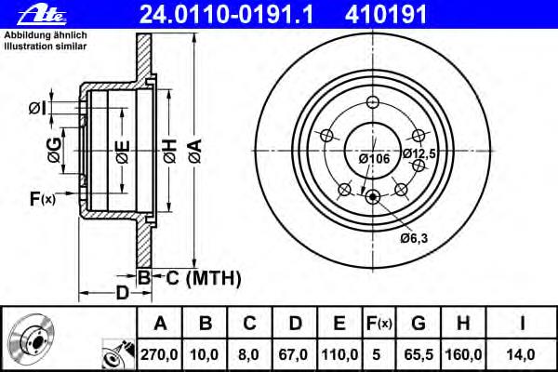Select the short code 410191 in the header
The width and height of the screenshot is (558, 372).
pyautogui.click(x=379, y=13)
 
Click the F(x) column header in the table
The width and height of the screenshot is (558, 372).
pyautogui.click(x=379, y=324)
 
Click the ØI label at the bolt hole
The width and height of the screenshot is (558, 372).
pyautogui.click(x=36, y=109)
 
